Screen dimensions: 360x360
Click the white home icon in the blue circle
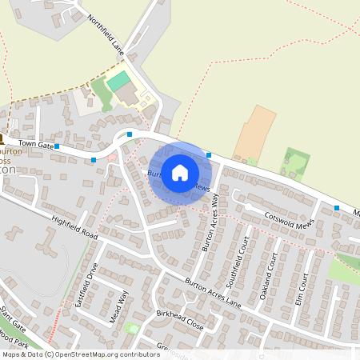pyautogui.click(x=180, y=173)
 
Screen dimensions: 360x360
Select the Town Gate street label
pyautogui.click(x=37, y=146)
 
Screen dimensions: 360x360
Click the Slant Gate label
pyautogui.click(x=14, y=317)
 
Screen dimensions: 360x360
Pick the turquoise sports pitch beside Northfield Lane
pyautogui.click(x=118, y=81)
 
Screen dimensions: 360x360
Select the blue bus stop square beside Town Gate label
pyautogui.click(x=57, y=146)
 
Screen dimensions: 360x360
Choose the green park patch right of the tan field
pyautogui.click(x=295, y=162)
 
